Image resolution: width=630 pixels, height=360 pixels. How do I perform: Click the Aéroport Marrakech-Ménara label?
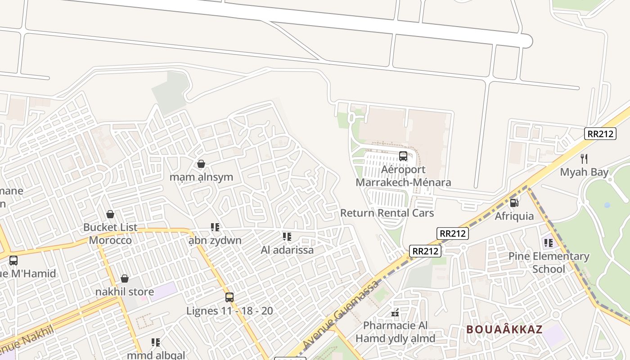tap(403, 176)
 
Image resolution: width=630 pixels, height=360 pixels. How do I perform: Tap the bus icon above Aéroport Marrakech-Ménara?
tap(403, 156)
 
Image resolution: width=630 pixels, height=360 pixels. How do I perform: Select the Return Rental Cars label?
tap(387, 213)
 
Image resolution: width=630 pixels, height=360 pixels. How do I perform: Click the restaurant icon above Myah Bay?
tap(584, 158)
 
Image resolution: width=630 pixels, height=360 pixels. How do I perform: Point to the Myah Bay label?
tap(584, 172)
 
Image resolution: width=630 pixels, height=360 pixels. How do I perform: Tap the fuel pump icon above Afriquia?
tap(514, 203)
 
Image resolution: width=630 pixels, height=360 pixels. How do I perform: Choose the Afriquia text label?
tap(514, 216)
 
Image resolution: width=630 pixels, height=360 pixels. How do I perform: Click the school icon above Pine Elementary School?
tap(548, 243)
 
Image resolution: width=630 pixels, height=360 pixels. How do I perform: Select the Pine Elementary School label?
tap(549, 263)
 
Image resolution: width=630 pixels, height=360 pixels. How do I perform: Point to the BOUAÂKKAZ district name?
tap(504, 329)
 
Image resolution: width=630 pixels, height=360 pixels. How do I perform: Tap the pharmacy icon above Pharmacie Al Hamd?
tap(395, 312)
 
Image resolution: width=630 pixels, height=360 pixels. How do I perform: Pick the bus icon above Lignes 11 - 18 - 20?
tap(229, 297)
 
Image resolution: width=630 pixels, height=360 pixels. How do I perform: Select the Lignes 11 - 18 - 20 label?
tap(229, 311)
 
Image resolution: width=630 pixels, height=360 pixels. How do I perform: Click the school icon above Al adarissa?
tap(287, 236)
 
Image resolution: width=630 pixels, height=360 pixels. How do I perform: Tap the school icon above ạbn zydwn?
tap(215, 227)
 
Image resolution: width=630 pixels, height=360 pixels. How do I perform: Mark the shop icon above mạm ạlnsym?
tap(201, 164)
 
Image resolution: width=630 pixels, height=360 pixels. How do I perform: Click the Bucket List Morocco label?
tap(110, 234)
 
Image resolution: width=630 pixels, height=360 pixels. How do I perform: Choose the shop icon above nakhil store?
tap(125, 279)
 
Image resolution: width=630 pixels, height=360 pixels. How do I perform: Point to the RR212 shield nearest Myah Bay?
tap(600, 133)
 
